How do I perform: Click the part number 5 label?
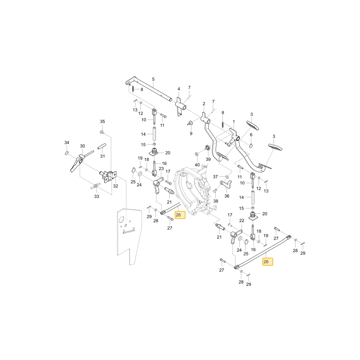click(153, 79)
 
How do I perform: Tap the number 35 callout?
click(102, 121)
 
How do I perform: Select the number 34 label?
click(67, 143)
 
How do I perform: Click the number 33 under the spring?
click(96, 196)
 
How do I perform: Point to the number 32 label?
click(116, 186)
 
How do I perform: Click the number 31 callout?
click(102, 156)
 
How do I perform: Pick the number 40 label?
click(197, 165)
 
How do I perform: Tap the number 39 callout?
click(208, 159)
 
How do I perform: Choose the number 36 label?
click(227, 196)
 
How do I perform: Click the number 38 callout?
click(216, 201)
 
